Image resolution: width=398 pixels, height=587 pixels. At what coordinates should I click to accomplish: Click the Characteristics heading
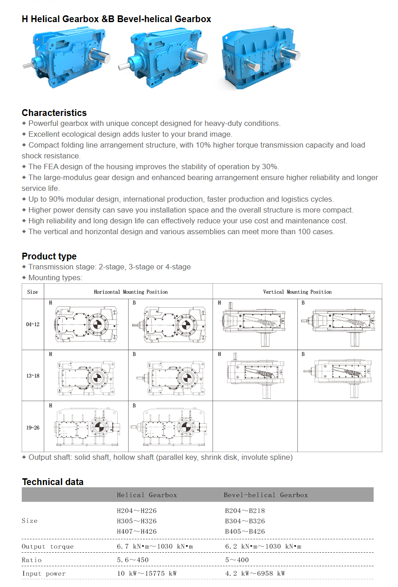pos(54,113)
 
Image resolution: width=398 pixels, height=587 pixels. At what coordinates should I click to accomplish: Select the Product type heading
pos(49,256)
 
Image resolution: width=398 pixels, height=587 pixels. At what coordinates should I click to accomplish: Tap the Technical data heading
pos(53,482)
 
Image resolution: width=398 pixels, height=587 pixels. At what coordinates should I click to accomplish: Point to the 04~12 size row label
pos(32,324)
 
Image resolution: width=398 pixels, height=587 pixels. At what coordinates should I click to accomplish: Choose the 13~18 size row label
pos(32,376)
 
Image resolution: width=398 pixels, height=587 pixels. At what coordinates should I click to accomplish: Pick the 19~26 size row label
pos(32,427)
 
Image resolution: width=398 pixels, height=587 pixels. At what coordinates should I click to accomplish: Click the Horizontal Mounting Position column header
pos(131,292)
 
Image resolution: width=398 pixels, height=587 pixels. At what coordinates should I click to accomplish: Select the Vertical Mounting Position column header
pos(297,292)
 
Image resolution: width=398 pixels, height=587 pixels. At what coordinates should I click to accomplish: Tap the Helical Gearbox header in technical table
pos(147,495)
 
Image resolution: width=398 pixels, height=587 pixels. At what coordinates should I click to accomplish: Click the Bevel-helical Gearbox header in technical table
pos(266,495)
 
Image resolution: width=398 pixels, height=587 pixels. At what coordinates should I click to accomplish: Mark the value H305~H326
pos(137,521)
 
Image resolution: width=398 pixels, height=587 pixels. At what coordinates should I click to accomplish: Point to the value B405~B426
pos(245,532)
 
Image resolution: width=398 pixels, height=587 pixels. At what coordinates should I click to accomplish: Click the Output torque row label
pos(47,546)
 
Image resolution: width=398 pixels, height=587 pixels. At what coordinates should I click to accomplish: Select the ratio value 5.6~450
pos(133,560)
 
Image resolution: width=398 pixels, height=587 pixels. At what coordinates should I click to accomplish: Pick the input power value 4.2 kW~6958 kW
pos(255,573)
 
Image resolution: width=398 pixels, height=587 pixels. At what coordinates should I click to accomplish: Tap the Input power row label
pos(44,573)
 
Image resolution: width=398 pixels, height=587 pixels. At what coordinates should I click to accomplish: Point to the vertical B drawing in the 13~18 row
pos(339,374)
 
